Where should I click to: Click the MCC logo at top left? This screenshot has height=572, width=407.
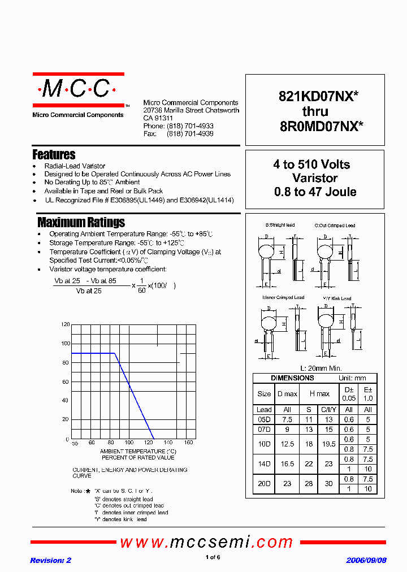click(78, 89)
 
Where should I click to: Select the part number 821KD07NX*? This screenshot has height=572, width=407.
click(318, 97)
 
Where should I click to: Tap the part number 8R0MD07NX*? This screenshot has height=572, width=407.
click(321, 127)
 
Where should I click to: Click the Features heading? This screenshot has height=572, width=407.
click(54, 154)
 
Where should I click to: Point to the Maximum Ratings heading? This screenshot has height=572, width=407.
click(81, 222)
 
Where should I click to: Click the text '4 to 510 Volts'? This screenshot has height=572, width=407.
click(311, 164)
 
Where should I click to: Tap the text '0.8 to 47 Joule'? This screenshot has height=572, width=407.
click(315, 192)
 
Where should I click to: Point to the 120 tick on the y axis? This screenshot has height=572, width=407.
click(65, 324)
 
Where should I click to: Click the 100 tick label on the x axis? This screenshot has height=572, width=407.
click(129, 443)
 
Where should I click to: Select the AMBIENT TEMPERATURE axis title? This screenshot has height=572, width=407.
click(138, 451)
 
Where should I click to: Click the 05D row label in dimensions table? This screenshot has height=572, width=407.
click(264, 419)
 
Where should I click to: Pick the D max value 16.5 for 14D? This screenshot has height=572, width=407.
click(287, 463)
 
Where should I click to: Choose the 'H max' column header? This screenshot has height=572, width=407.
click(319, 393)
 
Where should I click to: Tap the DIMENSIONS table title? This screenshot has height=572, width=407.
click(292, 378)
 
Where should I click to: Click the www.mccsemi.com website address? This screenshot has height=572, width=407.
click(206, 542)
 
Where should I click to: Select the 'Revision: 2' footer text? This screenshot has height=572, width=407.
click(50, 560)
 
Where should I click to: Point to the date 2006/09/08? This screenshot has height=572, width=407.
click(366, 560)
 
